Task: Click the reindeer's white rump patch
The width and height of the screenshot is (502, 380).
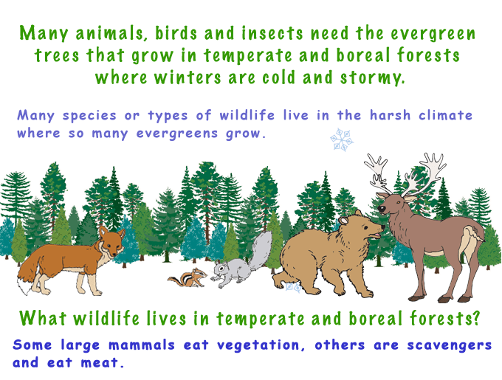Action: (x=470, y=237)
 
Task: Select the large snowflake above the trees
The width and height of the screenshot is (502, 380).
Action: (x=341, y=139)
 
